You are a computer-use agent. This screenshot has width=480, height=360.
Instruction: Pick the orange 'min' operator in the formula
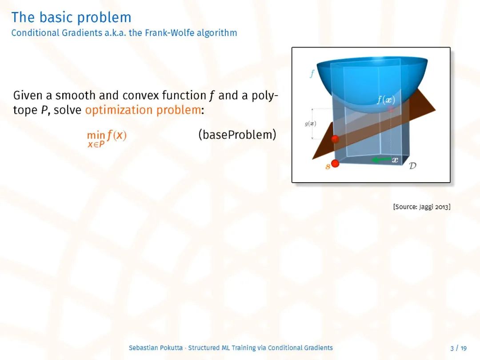pos(96,135)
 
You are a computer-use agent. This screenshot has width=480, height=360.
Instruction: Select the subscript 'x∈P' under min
pos(96,144)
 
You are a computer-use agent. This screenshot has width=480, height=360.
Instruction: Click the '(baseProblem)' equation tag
pos(237,135)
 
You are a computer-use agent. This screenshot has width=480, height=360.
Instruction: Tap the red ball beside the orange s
pos(335,164)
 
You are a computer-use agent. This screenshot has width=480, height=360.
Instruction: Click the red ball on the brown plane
pos(335,139)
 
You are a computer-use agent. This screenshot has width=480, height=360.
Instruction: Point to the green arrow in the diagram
pos(381,160)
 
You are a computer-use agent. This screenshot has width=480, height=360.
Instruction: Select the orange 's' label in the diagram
pos(328,166)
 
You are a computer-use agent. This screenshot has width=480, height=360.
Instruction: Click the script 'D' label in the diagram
pos(412,166)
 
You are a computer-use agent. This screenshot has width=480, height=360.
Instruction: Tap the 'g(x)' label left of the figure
pos(310,124)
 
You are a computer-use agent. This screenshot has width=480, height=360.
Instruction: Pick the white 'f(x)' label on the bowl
pos(386,100)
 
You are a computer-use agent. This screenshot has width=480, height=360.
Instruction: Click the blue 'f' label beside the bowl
pos(312,73)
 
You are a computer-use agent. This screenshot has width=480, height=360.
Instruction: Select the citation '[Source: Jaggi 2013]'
pos(422,207)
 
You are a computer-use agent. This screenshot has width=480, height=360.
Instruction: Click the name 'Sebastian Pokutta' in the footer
pos(156,348)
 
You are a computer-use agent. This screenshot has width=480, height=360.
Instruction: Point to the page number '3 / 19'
pos(459,348)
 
